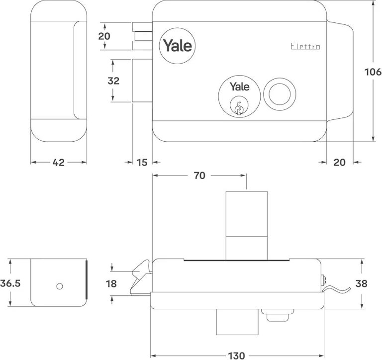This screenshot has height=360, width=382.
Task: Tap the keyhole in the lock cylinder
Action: (239, 106)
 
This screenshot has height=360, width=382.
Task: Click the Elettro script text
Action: (305, 46)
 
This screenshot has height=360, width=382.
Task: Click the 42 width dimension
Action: (59, 163)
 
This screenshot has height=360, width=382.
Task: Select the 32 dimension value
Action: (113, 81)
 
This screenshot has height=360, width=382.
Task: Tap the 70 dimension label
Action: (199, 176)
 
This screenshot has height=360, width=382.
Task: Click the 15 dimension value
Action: (142, 163)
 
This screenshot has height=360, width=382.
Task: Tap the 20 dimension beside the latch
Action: (104, 36)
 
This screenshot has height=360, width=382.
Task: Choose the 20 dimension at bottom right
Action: (339, 163)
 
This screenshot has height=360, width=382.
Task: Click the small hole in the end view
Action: (59, 286)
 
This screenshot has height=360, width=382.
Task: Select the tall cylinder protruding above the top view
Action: (246, 224)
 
